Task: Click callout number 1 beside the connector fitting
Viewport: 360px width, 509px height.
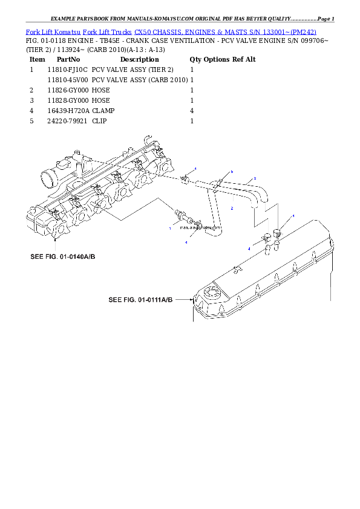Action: [170, 228]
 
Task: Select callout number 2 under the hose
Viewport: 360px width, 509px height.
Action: [232, 208]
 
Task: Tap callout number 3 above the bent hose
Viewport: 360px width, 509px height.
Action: [255, 178]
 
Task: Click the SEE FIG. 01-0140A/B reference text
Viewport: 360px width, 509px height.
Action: [63, 257]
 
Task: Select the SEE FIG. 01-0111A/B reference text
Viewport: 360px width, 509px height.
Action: [140, 299]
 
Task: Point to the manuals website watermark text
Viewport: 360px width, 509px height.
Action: [197, 230]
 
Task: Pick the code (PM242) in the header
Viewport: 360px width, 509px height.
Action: [303, 31]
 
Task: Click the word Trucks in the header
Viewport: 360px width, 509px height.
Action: [119, 31]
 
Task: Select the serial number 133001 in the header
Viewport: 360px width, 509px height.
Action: [279, 31]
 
